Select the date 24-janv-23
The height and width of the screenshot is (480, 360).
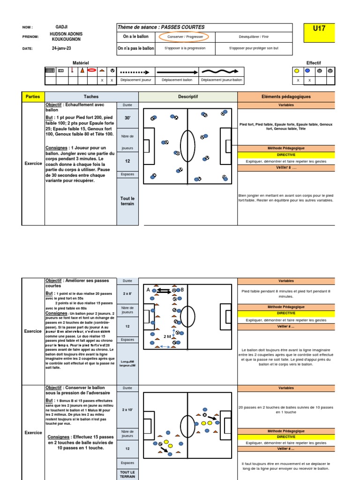point(62,48)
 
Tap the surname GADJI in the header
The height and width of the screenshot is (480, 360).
point(61,27)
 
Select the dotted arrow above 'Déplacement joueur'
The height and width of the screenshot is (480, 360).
point(135,72)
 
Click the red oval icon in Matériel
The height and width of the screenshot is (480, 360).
point(92,71)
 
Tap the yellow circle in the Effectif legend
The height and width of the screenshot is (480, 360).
point(297,71)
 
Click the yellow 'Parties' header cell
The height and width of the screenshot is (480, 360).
point(33,97)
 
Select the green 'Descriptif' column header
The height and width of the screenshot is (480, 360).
point(188,97)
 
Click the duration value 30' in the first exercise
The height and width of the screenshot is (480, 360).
point(127,119)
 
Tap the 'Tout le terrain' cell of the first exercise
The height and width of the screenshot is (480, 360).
point(127,201)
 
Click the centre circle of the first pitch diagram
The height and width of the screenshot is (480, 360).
point(187,146)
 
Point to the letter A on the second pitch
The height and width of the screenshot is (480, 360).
point(148,290)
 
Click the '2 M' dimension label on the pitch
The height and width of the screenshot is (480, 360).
point(167,337)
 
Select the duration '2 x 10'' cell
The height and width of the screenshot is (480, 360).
point(127,410)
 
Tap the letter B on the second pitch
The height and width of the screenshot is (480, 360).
point(182,290)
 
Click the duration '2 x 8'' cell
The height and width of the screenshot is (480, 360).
point(127,293)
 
